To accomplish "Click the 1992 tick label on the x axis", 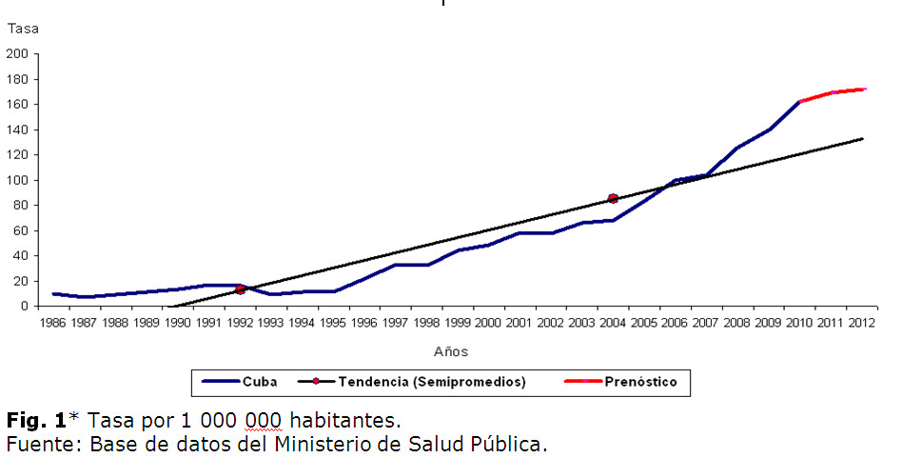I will click(240, 324).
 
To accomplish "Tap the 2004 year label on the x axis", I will click(612, 324).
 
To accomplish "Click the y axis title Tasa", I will click(24, 29).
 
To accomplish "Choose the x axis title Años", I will click(451, 351).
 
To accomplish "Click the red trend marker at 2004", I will click(613, 198).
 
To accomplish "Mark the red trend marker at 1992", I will click(241, 289).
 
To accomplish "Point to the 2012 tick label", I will click(860, 324).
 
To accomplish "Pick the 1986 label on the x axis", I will click(54, 324).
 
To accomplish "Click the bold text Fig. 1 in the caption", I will click(36, 420).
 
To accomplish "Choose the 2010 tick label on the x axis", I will click(798, 324).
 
